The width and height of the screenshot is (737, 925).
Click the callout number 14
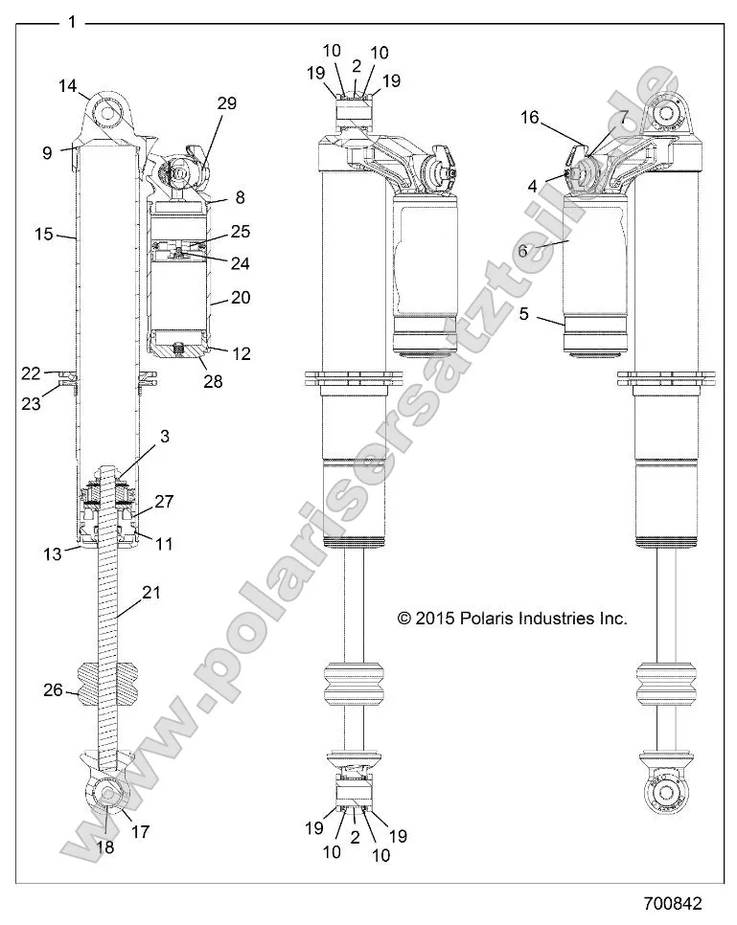[x=67, y=86]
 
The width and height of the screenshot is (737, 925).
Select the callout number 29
[x=226, y=103]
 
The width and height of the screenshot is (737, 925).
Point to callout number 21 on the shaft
[x=151, y=594]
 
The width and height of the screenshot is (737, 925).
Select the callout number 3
[x=165, y=437]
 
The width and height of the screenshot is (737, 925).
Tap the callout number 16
[x=530, y=118]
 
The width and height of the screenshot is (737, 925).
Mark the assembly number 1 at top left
[x=72, y=22]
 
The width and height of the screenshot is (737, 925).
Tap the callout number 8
[x=240, y=198]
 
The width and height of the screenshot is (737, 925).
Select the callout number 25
[x=240, y=232]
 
